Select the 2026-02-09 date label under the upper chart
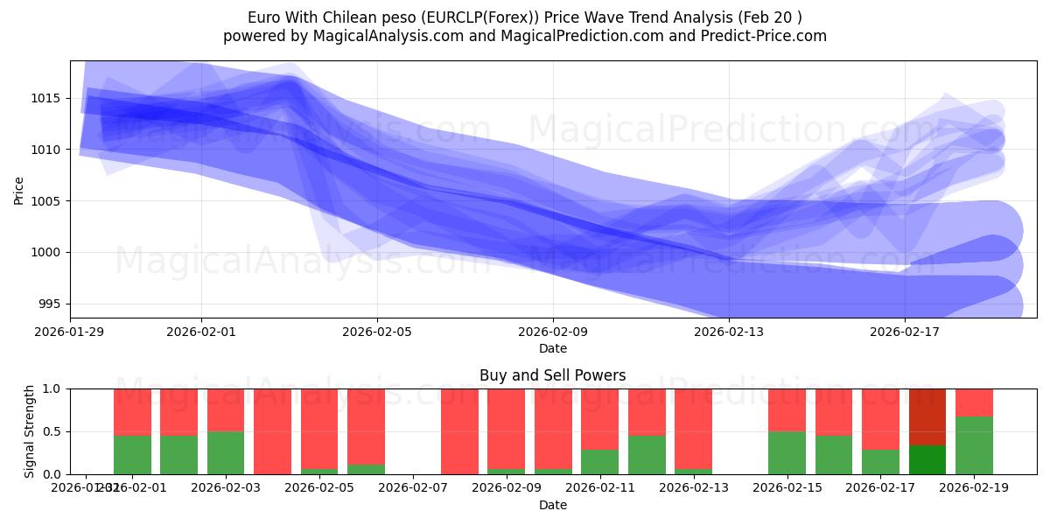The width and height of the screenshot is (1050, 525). point(553,332)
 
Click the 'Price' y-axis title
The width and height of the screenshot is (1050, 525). point(19,189)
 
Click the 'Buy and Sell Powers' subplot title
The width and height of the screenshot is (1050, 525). point(552,375)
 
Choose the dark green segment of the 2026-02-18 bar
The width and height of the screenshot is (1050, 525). point(927,459)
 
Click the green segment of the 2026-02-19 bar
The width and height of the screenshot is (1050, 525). point(974,445)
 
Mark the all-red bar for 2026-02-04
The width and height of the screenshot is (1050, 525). point(272,431)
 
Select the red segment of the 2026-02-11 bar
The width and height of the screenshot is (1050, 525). point(599,418)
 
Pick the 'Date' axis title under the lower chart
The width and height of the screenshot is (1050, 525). point(552,505)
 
